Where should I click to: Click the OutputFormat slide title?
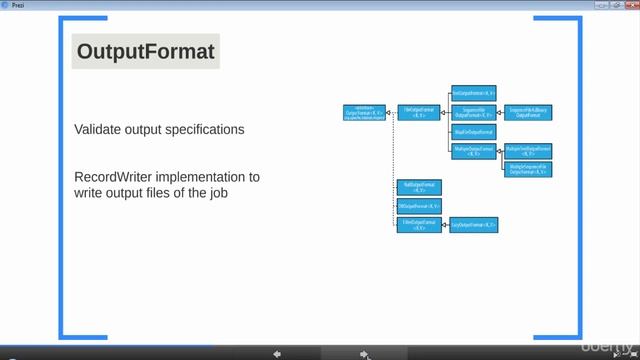coord(146,52)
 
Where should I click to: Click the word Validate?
coord(99,130)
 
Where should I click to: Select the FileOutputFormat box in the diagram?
coord(418,112)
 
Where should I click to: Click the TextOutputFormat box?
coord(474,92)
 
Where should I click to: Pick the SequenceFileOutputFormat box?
coord(474,112)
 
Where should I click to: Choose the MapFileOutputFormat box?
coord(474,131)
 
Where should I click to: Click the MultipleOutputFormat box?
coord(474,151)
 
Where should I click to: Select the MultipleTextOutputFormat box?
coord(528,150)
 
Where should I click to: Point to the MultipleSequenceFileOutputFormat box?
coord(528,169)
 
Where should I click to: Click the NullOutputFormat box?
coord(418,187)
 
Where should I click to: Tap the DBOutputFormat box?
coord(418,206)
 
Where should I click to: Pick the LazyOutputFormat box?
coord(474,226)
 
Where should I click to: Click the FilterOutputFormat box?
coord(418,225)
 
